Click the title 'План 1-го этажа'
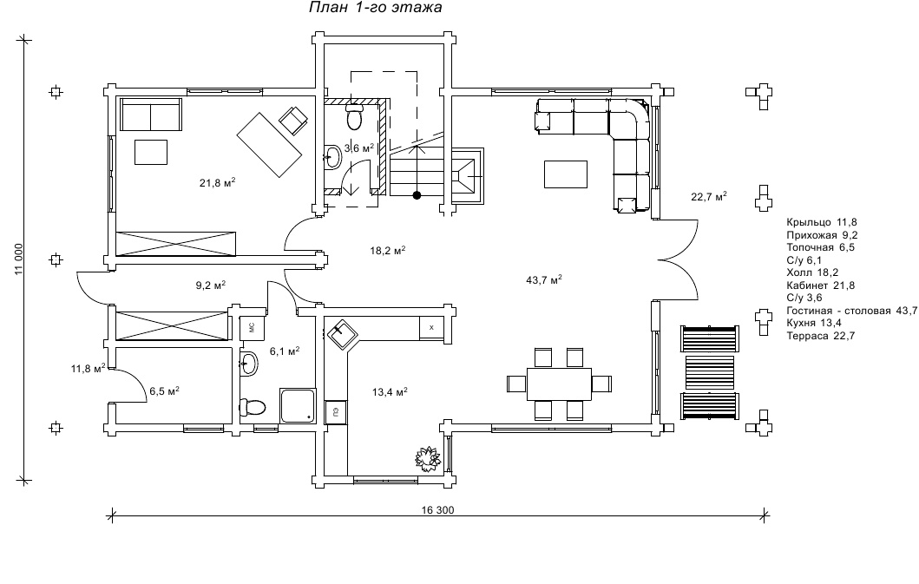pos(375,8)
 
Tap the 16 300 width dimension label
pos(437,510)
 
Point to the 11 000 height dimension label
pos(18,259)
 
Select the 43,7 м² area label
pos(544,279)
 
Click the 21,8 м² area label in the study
pos(218,182)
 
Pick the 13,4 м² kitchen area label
pos(390,391)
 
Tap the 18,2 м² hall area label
pos(387,251)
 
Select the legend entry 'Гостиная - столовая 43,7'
pos(852,311)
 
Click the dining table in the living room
pos(559,384)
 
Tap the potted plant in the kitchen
pos(428,456)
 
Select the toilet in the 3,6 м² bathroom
pos(354,116)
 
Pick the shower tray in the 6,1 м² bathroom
pos(298,405)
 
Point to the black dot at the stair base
pos(417,195)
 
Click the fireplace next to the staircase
pos(467,175)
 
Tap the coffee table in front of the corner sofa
pos(566,174)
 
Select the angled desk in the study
pos(270,145)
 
